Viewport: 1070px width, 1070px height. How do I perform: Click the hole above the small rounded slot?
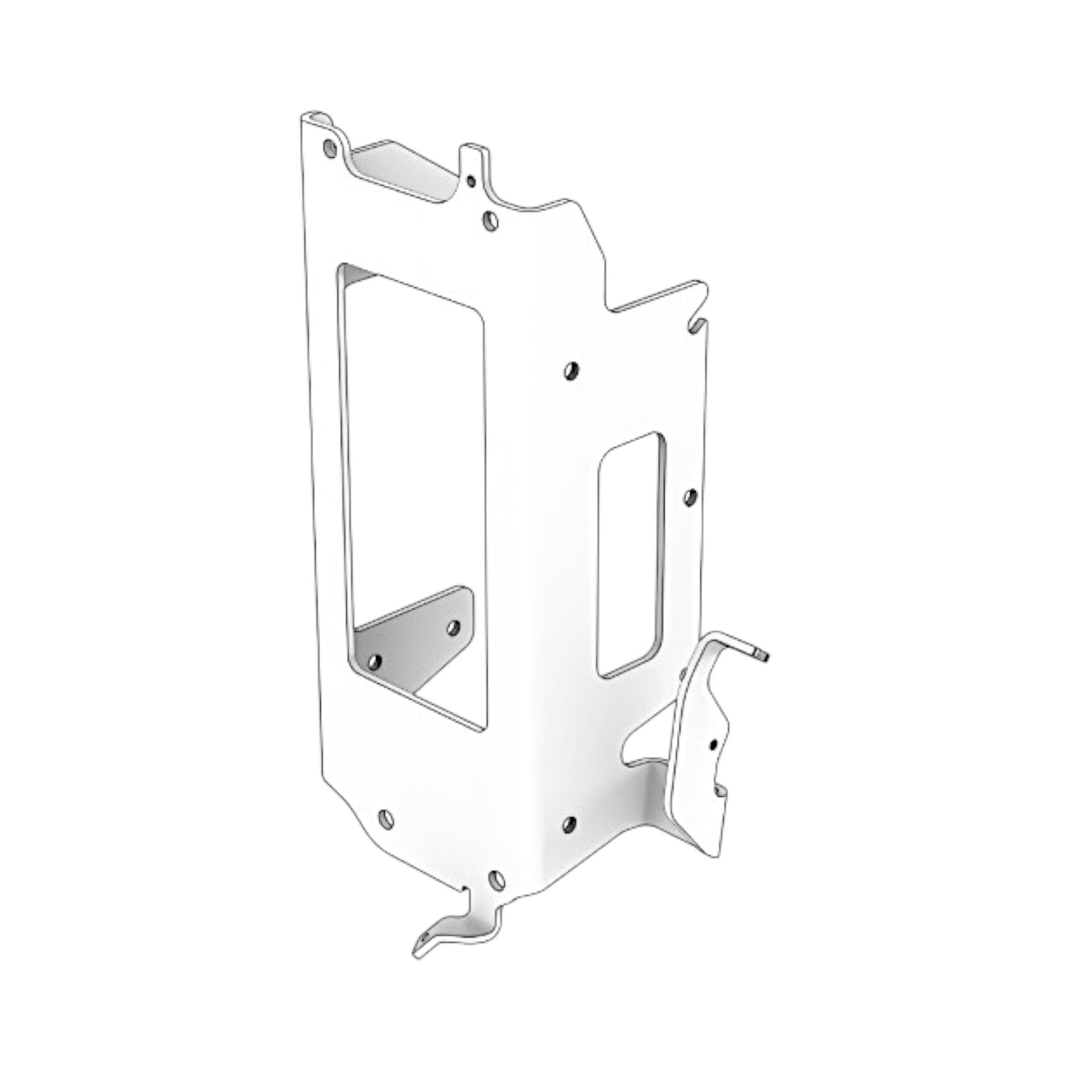click(x=572, y=370)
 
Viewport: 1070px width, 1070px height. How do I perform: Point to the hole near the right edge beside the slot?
click(x=689, y=496)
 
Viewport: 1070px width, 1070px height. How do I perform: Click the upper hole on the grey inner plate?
click(x=454, y=628)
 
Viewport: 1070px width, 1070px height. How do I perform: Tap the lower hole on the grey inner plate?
click(x=375, y=661)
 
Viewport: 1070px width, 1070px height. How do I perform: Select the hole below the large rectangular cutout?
click(x=385, y=818)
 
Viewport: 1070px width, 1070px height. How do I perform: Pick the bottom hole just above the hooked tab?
click(x=497, y=880)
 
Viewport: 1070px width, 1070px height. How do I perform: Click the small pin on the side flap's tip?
click(x=762, y=655)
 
